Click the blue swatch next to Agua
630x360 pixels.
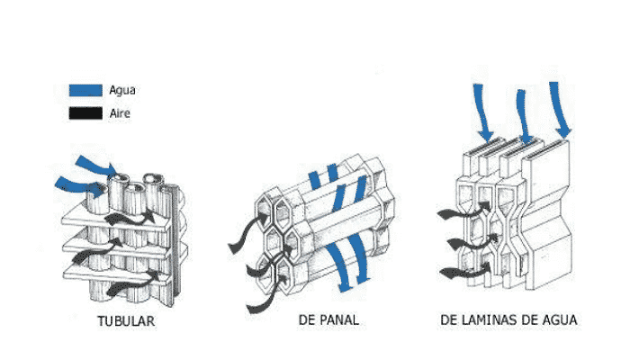point(85,90)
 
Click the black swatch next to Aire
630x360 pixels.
point(85,113)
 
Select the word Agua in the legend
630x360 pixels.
point(122,90)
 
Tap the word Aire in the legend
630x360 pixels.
point(120,113)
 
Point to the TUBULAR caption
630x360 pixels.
point(126,321)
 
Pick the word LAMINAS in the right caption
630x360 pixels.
point(486,319)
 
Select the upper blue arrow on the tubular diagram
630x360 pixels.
point(96,166)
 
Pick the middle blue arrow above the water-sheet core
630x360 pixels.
point(524,116)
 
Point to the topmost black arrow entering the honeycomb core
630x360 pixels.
point(247,233)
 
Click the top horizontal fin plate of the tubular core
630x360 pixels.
point(116,219)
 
